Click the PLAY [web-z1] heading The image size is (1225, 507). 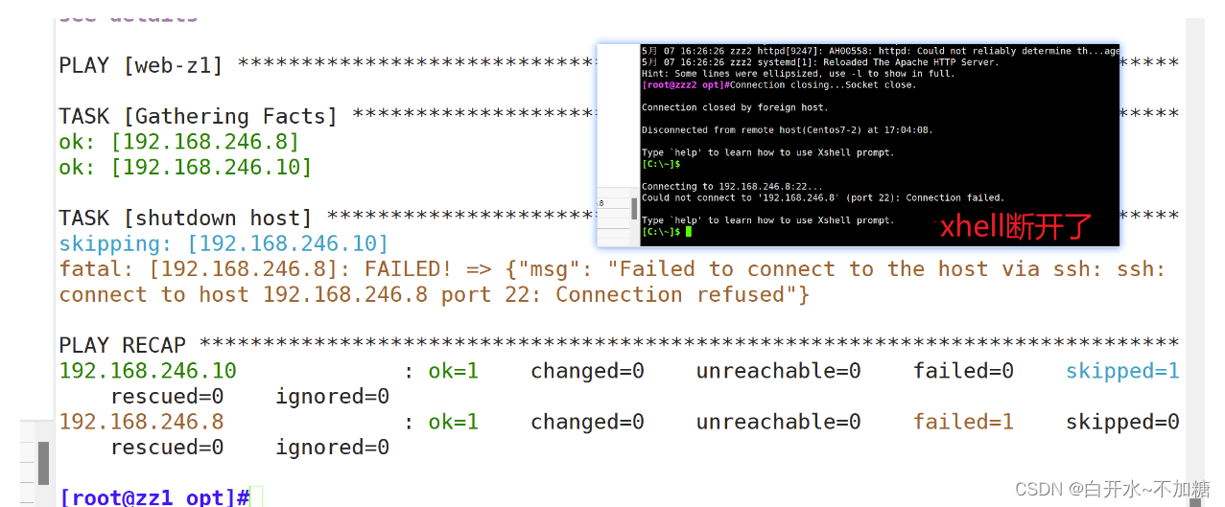coord(141,65)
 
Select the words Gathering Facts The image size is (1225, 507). coord(230,117)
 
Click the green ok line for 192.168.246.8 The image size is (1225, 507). coord(179,142)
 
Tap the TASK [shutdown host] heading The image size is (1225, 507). coord(185,219)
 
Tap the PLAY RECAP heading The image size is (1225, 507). coord(122,345)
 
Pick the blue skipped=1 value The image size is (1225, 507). coord(1122,371)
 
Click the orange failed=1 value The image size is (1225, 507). coord(963,422)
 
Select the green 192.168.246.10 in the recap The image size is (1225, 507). coord(148,371)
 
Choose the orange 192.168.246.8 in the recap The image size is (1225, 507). coord(141,422)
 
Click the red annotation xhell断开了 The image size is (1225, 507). coord(1015,227)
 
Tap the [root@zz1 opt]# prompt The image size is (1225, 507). coord(154,497)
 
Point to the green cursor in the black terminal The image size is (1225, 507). coord(688,232)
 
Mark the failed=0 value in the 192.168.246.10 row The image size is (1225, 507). coord(963,371)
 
